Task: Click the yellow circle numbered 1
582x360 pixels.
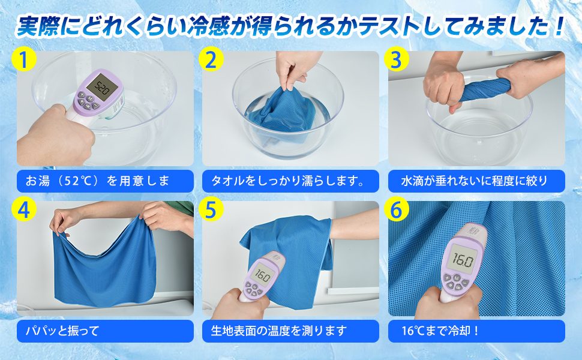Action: pos(24,59)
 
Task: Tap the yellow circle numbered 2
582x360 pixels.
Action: pos(211,59)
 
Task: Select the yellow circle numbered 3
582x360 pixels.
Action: pos(397,59)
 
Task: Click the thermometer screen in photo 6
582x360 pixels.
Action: pos(462,260)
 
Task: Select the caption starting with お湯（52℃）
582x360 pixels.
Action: pos(97,181)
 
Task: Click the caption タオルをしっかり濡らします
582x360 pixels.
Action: pos(287,181)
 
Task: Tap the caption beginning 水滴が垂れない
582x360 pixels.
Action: pos(475,181)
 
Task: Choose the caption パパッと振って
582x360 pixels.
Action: pos(62,331)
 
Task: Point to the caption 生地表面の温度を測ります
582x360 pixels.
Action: pos(279,331)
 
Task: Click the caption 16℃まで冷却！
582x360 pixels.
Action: pos(441,331)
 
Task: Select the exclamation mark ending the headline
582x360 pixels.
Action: pos(558,26)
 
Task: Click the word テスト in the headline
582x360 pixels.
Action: pos(384,26)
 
